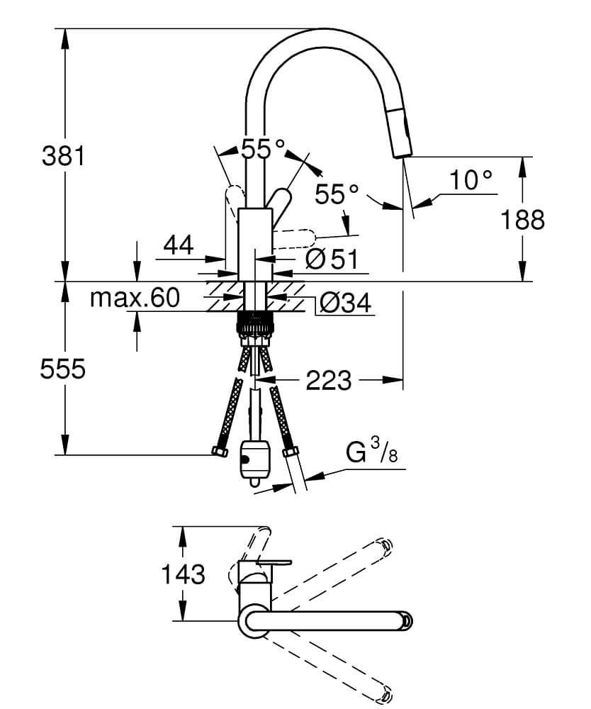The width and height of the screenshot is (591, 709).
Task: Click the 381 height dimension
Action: [x=63, y=156]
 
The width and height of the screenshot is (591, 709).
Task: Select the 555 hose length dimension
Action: [x=63, y=369]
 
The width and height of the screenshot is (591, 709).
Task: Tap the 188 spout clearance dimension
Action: [x=523, y=220]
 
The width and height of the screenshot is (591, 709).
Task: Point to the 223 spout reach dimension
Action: [x=329, y=380]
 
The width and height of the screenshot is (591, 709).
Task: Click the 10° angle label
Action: [x=471, y=180]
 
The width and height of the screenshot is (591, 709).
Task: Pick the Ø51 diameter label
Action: [x=331, y=259]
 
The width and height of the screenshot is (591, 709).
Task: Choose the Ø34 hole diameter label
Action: [x=345, y=303]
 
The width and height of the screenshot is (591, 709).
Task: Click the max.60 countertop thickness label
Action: [x=135, y=298]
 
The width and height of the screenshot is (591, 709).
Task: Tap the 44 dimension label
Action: [x=179, y=245]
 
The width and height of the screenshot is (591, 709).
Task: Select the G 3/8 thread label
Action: [x=372, y=452]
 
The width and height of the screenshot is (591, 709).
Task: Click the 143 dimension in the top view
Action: [x=183, y=574]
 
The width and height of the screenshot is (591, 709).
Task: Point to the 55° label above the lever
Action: [x=264, y=148]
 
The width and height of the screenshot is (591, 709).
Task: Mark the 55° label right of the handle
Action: [x=337, y=194]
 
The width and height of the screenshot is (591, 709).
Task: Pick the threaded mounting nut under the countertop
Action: [x=255, y=323]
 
